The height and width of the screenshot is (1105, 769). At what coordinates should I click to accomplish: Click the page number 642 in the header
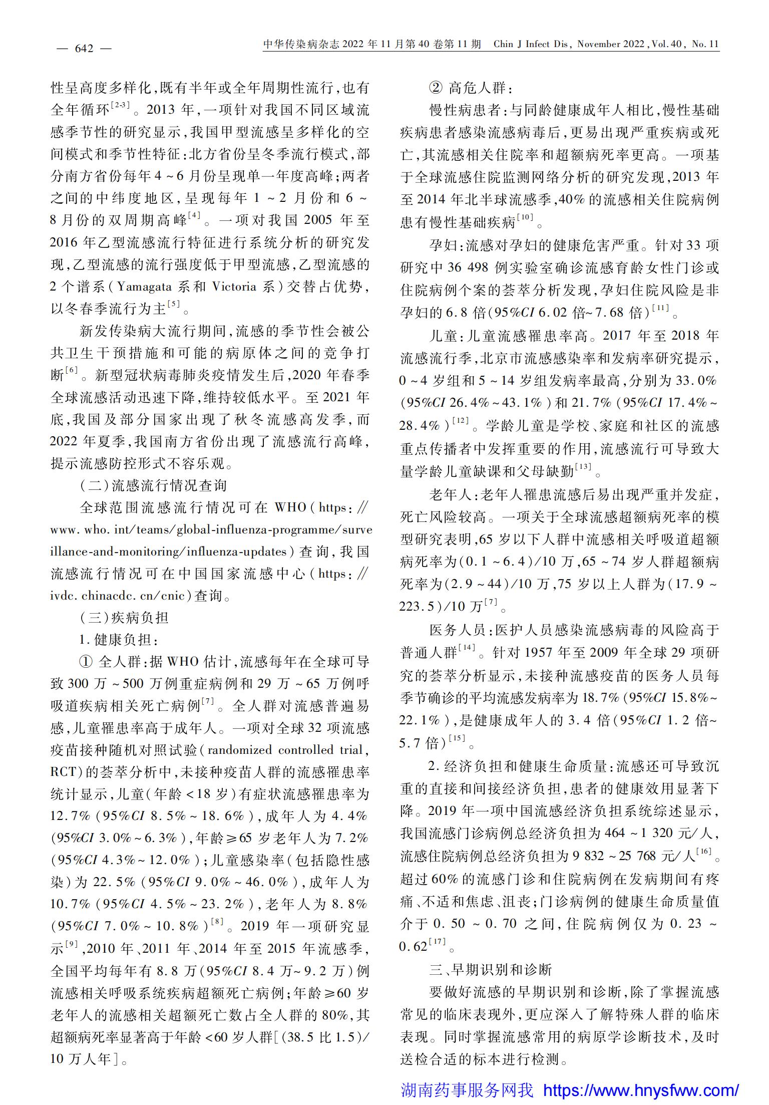click(84, 49)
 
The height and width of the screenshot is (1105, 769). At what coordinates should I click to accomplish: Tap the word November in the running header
click(599, 44)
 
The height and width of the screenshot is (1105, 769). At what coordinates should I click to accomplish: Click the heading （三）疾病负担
click(124, 618)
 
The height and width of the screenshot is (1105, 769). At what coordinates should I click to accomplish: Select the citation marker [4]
click(193, 217)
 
